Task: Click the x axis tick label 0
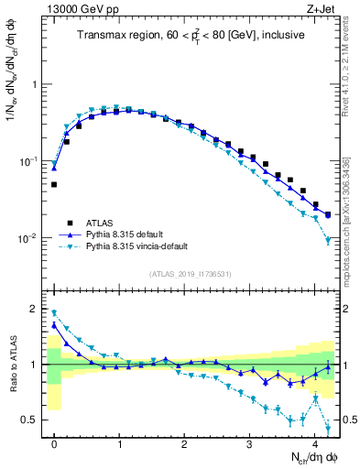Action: [54, 442]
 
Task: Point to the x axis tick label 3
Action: [249, 442]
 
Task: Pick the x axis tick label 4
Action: [315, 442]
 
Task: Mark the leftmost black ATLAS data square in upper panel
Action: [54, 184]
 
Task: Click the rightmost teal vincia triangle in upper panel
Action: [328, 241]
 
